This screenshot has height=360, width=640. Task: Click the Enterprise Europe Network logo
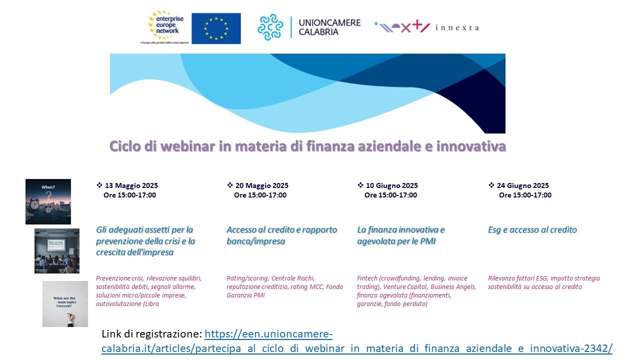coord(165,27)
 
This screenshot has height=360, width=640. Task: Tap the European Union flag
coord(216,28)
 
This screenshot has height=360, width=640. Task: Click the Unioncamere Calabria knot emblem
coord(270,27)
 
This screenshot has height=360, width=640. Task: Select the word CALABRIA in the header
coord(318,32)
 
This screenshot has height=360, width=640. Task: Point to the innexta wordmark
coord(457,27)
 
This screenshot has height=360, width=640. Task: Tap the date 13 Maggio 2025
coord(131,185)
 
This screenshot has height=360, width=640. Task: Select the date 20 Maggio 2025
coord(261,185)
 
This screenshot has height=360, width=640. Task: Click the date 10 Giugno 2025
coord(391,185)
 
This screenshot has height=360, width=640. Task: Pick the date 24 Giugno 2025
coord(523,185)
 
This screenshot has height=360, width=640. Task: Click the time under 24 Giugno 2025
coord(525,195)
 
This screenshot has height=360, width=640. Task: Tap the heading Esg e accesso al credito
coord(532,229)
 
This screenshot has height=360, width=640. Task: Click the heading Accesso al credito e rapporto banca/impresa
coord(281,235)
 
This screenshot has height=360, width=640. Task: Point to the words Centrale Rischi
coord(293,278)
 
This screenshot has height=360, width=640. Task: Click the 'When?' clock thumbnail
coord(48,201)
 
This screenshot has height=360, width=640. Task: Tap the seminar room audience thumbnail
coord(57,251)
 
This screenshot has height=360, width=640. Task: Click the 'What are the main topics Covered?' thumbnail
coord(65,304)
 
